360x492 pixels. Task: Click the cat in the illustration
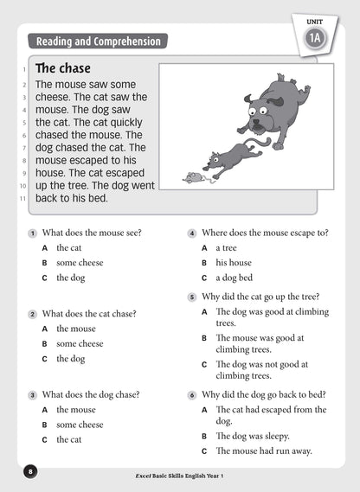pos(229,157)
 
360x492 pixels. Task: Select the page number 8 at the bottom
pos(30,471)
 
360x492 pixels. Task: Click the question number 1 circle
pos(32,233)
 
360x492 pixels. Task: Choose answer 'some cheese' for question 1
pos(80,263)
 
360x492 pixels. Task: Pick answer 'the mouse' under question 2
pos(76,329)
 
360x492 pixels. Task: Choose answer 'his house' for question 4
pos(234,263)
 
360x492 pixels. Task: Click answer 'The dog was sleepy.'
pos(252,437)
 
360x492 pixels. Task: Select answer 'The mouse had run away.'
pos(263,451)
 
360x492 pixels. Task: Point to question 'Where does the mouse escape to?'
pos(265,233)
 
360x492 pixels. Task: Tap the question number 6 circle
pos(191,394)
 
